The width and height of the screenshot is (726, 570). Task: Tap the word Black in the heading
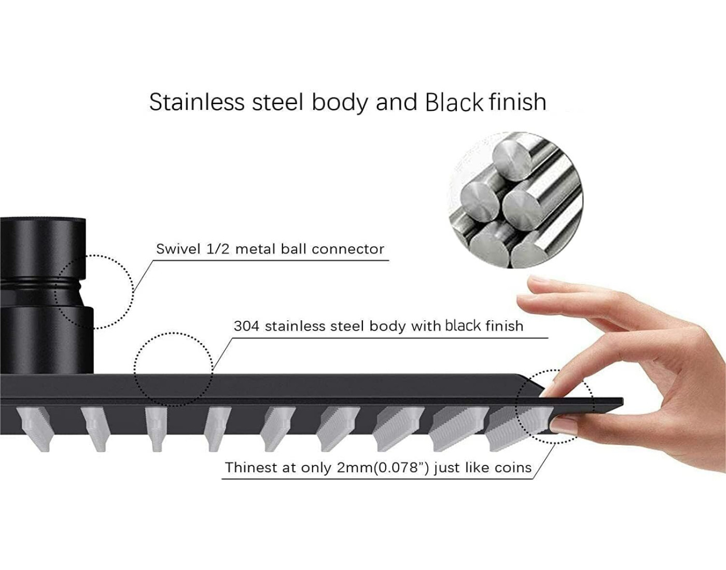tap(454, 102)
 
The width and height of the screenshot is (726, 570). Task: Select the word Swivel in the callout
tap(178, 249)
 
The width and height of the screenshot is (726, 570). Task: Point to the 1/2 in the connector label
tap(218, 249)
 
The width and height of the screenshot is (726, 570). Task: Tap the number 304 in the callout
tap(246, 326)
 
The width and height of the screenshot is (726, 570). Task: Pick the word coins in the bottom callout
tap(513, 468)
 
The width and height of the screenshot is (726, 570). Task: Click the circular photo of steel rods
tap(516, 200)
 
